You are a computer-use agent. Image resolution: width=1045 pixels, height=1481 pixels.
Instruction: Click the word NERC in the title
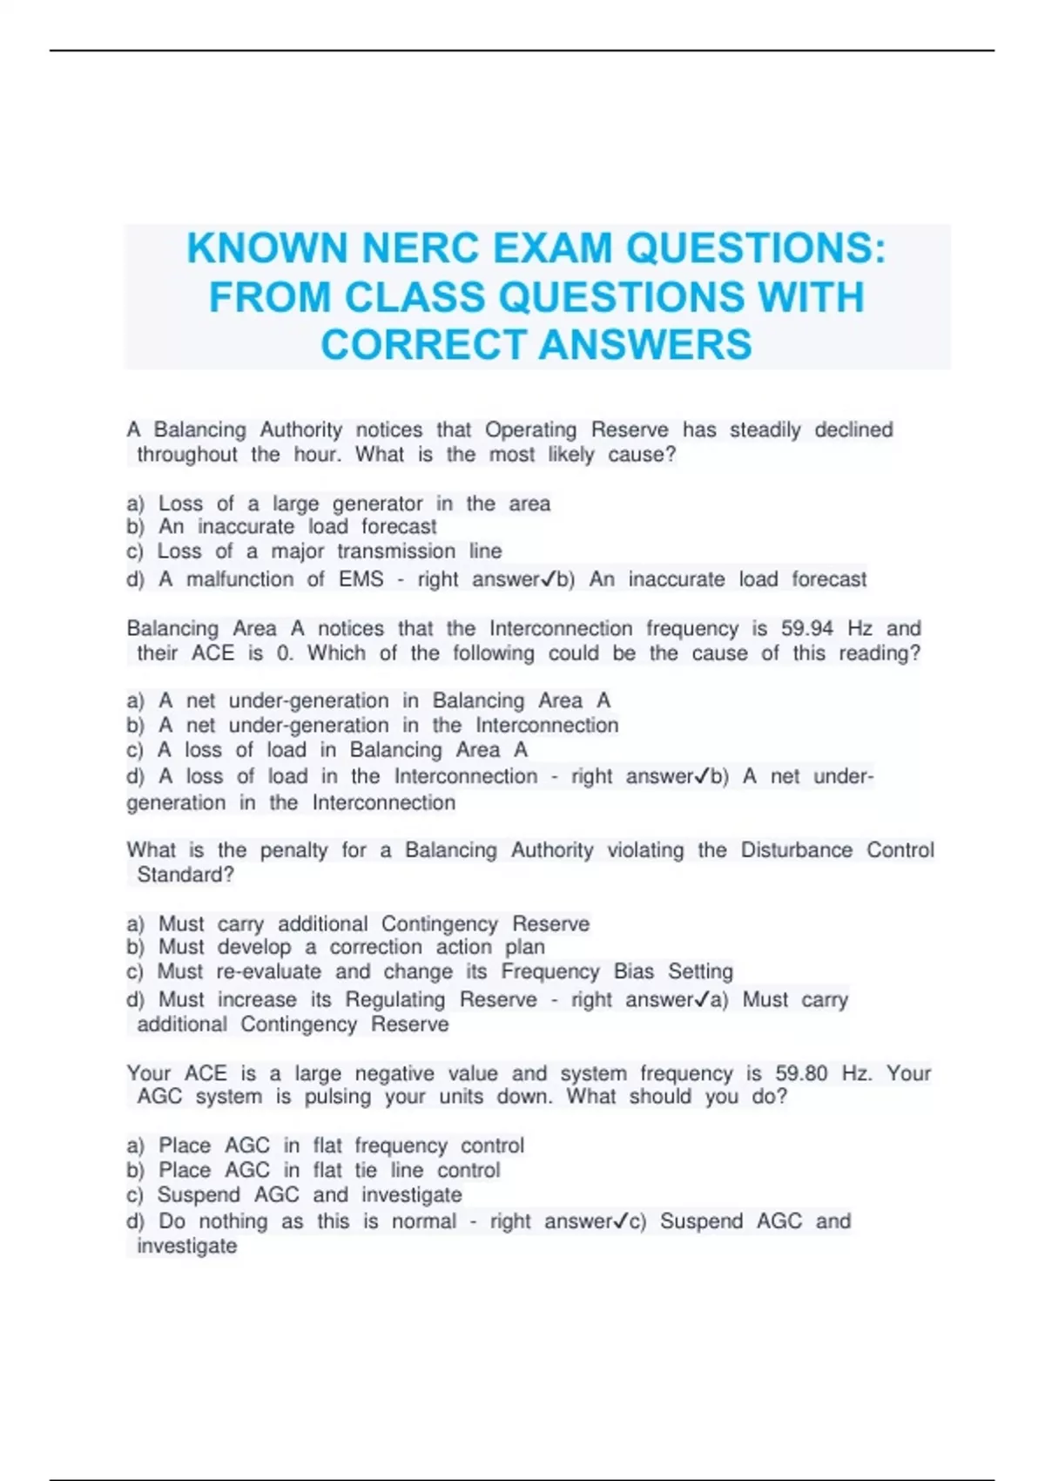click(x=420, y=248)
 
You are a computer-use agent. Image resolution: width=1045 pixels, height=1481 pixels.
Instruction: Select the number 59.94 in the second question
click(x=806, y=628)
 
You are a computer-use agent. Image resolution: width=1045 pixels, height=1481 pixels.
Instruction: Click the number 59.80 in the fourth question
click(x=801, y=1073)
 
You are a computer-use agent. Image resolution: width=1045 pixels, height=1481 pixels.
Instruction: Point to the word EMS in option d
click(x=361, y=579)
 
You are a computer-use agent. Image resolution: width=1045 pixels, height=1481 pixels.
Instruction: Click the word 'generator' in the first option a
click(x=377, y=504)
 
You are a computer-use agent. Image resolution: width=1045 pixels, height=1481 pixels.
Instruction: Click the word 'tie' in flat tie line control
click(x=365, y=1170)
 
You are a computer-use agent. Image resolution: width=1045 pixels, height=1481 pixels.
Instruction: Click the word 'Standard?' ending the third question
click(x=185, y=875)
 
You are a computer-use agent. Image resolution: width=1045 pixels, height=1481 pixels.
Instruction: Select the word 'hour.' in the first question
click(x=317, y=455)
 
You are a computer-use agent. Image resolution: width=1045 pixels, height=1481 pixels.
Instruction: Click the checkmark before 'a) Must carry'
click(x=701, y=999)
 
